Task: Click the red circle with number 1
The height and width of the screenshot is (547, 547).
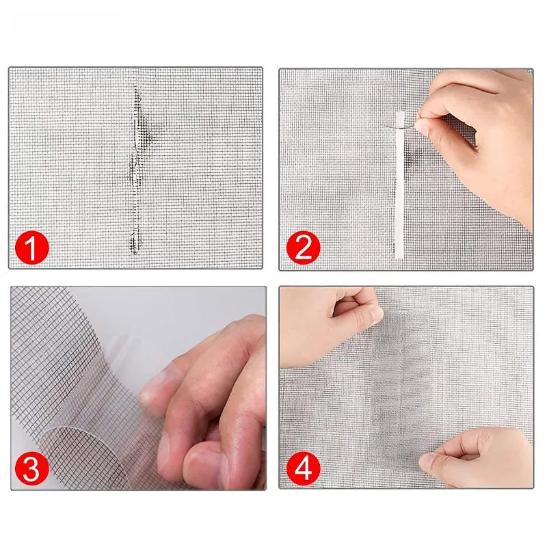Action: [x=31, y=248]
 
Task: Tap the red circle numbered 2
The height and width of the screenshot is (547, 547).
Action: [x=303, y=248]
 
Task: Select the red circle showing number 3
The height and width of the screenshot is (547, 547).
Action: [x=31, y=468]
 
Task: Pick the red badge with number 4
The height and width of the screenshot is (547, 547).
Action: [x=303, y=468]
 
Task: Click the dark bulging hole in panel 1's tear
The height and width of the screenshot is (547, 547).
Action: [x=144, y=129]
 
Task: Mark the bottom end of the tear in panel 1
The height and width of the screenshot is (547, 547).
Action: [x=135, y=253]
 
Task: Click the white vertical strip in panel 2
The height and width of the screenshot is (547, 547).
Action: [x=399, y=185]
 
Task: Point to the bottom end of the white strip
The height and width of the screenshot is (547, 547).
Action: [x=399, y=258]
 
